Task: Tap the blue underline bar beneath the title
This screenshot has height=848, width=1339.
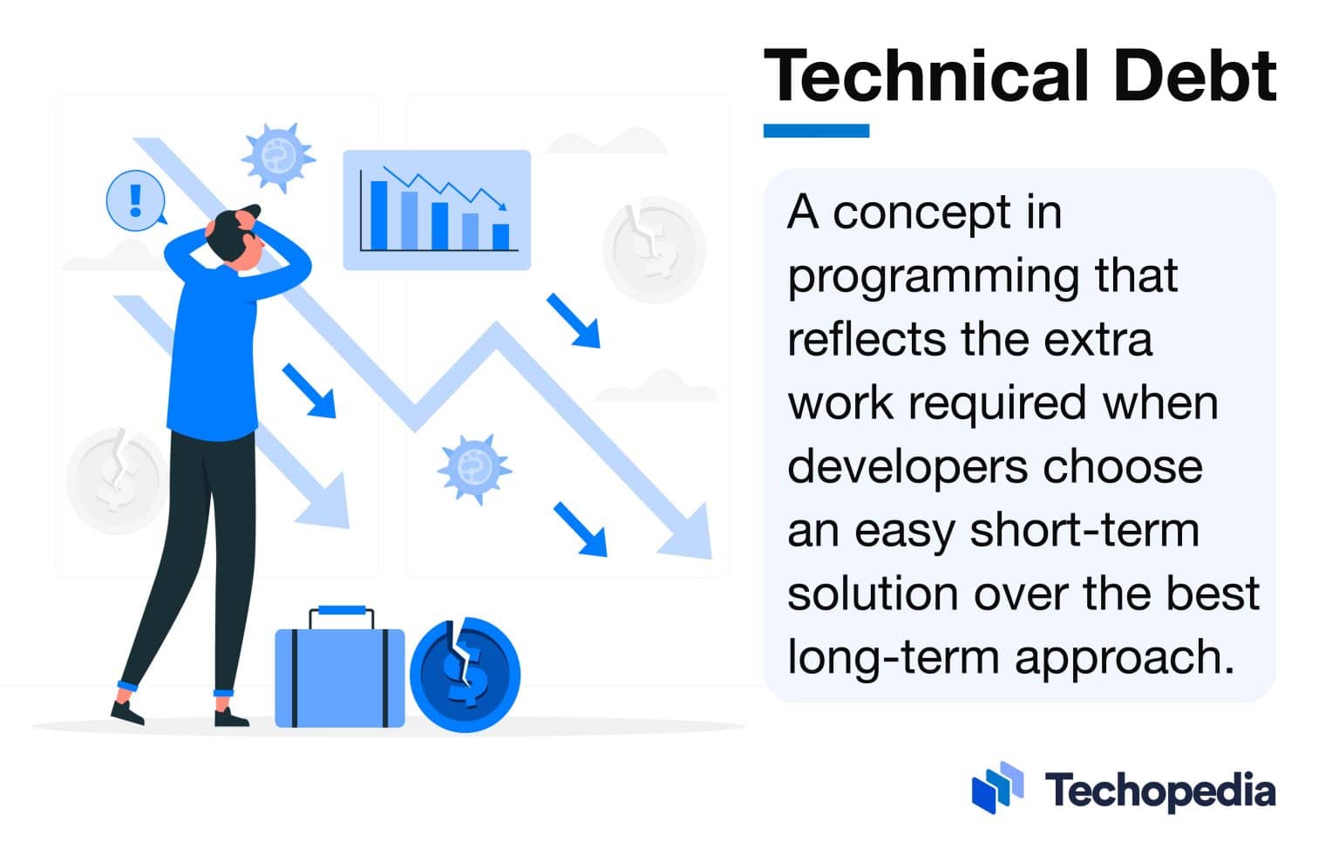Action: tap(816, 131)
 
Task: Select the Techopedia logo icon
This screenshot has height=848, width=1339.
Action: tap(997, 788)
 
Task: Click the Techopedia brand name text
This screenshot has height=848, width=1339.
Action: tap(1160, 791)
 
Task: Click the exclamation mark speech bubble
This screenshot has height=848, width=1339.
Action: tap(135, 200)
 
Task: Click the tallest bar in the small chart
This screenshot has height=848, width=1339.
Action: tap(379, 215)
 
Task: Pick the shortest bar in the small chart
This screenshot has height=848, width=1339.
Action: tap(500, 236)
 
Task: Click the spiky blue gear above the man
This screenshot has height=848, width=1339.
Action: tap(277, 157)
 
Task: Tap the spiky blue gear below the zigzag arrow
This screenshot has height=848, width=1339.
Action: tap(473, 468)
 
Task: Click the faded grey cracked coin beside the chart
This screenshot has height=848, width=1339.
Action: tap(654, 249)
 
